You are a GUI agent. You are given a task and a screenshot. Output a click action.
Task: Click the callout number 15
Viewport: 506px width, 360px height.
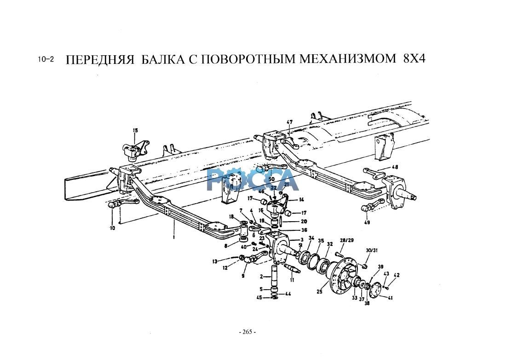[x=135, y=131]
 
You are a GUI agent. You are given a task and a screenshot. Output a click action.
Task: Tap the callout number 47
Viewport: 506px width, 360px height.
[x=289, y=122]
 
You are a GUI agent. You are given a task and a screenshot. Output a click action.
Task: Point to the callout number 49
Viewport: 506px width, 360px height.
[x=366, y=223]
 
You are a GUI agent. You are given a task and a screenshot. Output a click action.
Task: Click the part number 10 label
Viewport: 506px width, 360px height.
[x=112, y=228]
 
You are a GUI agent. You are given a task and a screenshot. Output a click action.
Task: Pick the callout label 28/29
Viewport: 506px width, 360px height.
[x=347, y=240]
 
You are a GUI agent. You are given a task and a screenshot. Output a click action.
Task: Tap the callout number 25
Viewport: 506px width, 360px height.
[x=320, y=291]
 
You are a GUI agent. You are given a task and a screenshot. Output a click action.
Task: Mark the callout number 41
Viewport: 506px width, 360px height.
[x=390, y=298]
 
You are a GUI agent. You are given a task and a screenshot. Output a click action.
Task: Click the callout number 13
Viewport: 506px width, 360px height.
[x=214, y=261]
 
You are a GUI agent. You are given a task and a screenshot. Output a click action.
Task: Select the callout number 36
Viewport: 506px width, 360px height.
[x=304, y=230]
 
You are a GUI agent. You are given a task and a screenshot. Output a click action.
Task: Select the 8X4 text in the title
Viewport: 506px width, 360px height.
[x=414, y=60]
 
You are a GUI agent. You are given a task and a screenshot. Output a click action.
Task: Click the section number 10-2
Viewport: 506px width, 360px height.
[x=46, y=60]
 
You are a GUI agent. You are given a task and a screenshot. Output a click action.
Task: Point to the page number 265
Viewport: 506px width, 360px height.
[x=247, y=332]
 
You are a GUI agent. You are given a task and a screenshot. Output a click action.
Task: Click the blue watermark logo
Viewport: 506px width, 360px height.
[x=253, y=179]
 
